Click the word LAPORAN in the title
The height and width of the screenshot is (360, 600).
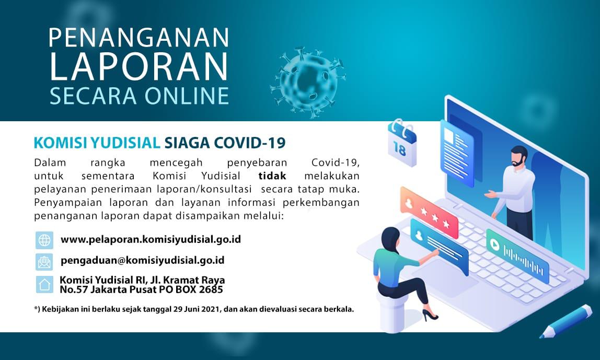point(139,66)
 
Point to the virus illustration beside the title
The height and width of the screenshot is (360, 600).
point(308,82)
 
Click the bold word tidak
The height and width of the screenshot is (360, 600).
point(272,176)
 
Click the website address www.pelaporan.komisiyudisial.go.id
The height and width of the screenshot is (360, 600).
point(151,239)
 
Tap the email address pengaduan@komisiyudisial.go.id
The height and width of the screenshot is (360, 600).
point(142,260)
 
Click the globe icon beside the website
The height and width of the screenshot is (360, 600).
point(44,240)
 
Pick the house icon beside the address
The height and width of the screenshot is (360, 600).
point(44,284)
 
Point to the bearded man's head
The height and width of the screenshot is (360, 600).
point(519,156)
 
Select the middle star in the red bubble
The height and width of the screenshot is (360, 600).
point(435,217)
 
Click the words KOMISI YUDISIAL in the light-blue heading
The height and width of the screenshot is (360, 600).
point(97,143)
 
